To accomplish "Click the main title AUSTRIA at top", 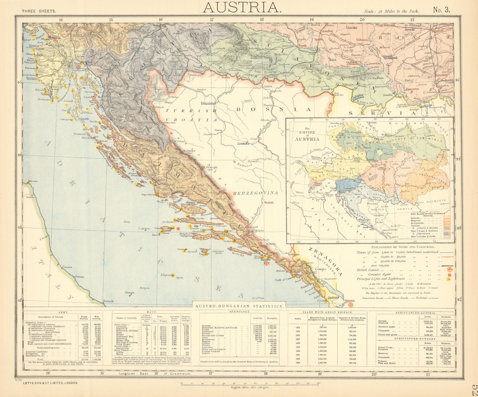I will [x=242, y=7].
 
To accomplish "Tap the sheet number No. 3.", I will [x=442, y=10].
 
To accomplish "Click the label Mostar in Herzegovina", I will [x=269, y=202].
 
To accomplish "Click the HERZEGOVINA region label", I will [x=256, y=193].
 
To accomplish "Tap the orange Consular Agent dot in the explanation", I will [x=449, y=274].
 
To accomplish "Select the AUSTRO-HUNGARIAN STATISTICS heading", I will [x=239, y=306].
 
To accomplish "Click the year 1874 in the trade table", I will [x=298, y=327].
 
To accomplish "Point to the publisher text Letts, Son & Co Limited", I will [x=50, y=383].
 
